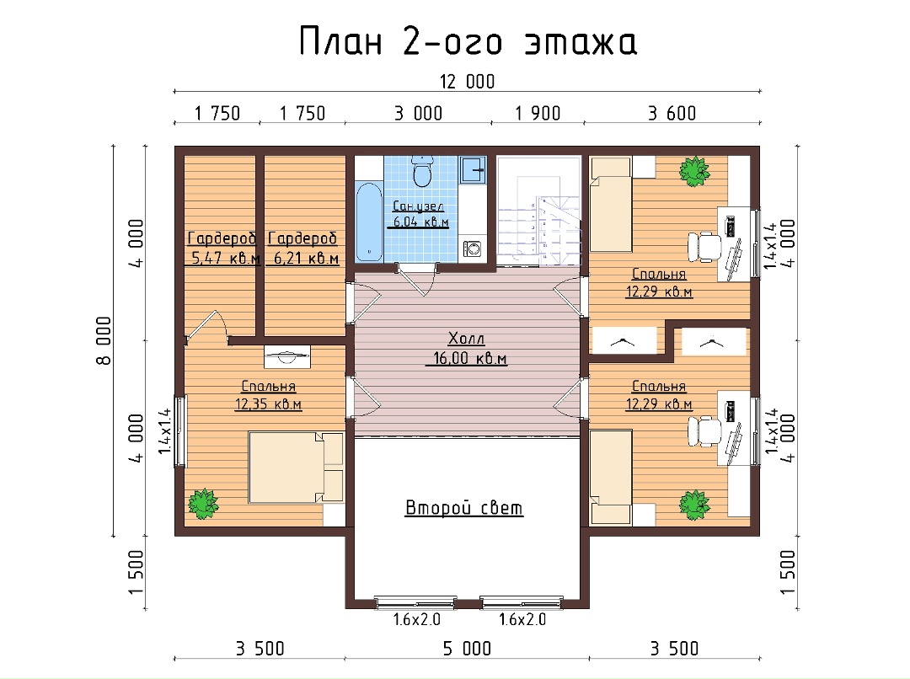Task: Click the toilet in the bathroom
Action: [x=422, y=171]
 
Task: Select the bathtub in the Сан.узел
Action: [x=368, y=222]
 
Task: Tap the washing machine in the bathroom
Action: [x=472, y=249]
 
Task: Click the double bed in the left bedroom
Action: [x=296, y=467]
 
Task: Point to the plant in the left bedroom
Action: [x=202, y=504]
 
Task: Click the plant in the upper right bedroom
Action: [x=694, y=171]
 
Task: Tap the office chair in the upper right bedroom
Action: [x=704, y=247]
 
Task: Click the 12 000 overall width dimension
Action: [x=467, y=82]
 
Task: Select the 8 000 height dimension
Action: [x=104, y=340]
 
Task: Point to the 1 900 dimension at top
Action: [x=538, y=113]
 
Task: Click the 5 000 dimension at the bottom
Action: [x=467, y=648]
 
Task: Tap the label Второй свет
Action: [x=463, y=508]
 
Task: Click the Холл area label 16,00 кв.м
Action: [x=469, y=358]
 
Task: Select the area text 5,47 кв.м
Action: [x=226, y=259]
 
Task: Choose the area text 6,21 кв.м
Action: [x=306, y=259]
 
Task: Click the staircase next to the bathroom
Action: [x=538, y=211]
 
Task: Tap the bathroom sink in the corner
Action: [x=473, y=170]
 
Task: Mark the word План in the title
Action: [x=340, y=42]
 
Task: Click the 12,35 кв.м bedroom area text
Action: [x=268, y=404]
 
